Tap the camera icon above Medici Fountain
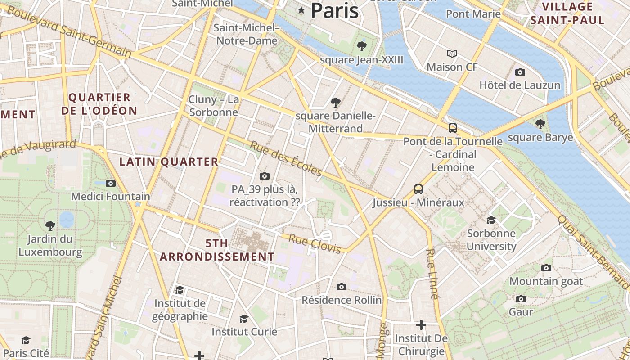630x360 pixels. tap(111, 183)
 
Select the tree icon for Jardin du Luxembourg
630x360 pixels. tap(50, 225)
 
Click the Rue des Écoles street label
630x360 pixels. tap(286, 159)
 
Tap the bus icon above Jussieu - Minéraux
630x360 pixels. tap(418, 189)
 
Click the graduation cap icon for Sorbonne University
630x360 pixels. tap(491, 220)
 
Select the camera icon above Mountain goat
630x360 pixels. tap(546, 268)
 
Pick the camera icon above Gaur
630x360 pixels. tap(521, 299)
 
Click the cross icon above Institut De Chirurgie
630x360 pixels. tap(421, 324)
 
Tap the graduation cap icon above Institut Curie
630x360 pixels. tap(244, 319)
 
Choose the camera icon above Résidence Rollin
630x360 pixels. tap(342, 287)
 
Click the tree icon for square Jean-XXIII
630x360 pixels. tap(361, 46)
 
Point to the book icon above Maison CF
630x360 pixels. tap(452, 54)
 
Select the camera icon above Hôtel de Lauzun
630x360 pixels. tap(520, 72)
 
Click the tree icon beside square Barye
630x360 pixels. tap(540, 124)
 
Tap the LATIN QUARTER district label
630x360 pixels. tap(169, 162)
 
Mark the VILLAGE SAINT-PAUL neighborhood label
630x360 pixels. tap(567, 13)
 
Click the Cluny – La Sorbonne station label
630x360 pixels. tap(214, 106)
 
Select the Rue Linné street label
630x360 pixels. tap(432, 274)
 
